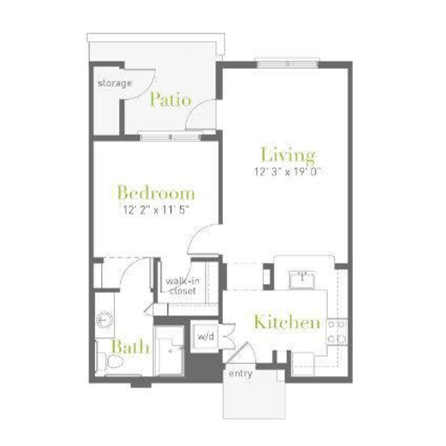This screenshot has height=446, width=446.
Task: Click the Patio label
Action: tap(170, 100)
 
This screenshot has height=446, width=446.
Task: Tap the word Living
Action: tap(288, 155)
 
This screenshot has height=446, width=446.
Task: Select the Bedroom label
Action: tap(156, 193)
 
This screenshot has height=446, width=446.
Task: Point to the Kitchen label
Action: tap(287, 322)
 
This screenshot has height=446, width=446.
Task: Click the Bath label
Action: tap(130, 346)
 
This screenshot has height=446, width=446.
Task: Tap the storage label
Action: tap(114, 83)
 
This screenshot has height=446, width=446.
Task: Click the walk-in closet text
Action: tap(182, 286)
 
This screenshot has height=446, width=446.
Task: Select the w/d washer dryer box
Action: tap(205, 337)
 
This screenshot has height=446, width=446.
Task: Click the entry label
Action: tap(241, 374)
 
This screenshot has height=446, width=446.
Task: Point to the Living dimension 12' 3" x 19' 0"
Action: tap(288, 172)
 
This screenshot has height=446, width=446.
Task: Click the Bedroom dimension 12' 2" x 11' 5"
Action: tap(156, 210)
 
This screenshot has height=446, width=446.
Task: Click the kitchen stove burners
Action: tap(337, 332)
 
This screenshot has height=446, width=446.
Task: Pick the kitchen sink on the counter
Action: tap(302, 279)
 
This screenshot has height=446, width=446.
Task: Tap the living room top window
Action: tap(288, 64)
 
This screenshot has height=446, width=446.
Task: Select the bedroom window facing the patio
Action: tap(170, 136)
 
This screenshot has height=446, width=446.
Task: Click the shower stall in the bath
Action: tap(169, 351)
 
